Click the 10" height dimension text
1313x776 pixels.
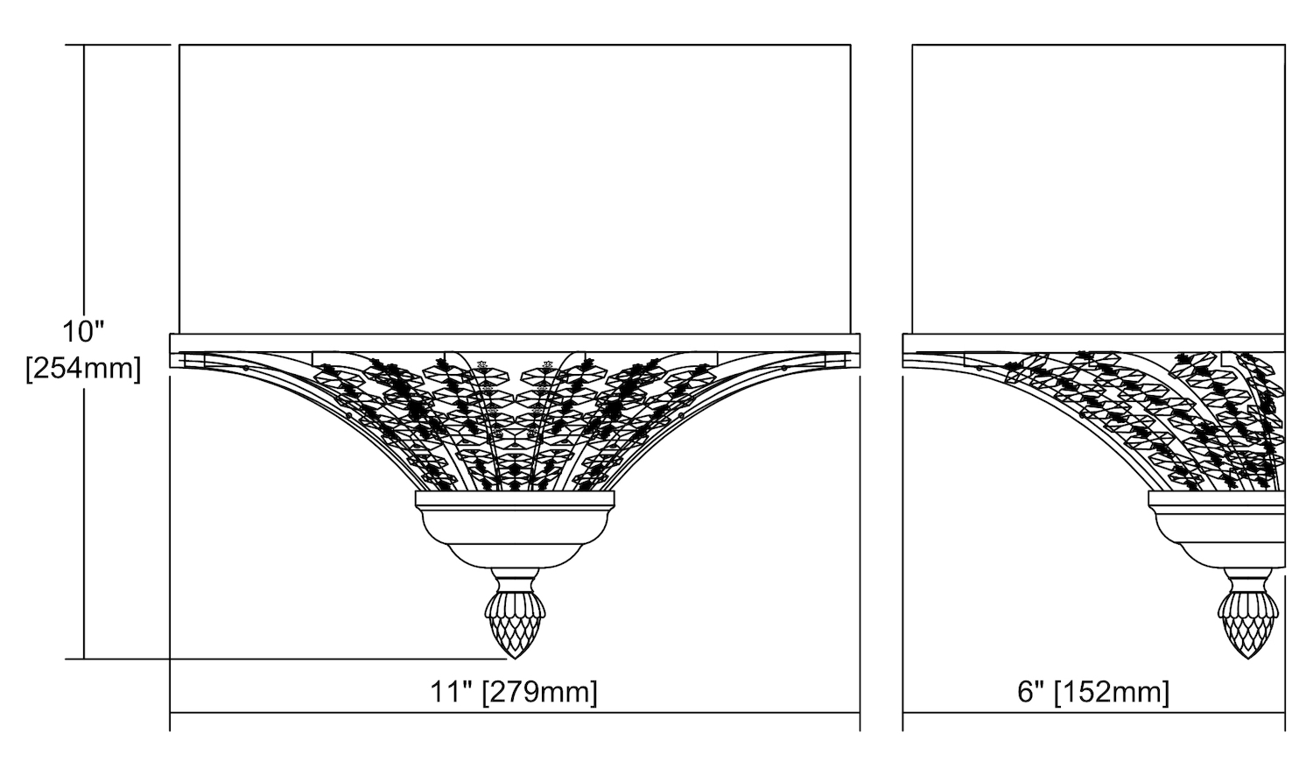pos(83,332)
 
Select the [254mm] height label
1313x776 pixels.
pos(83,369)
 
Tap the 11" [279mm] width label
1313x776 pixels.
pos(514,692)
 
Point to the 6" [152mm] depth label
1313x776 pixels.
pos(1093,692)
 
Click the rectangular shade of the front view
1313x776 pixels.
pos(515,189)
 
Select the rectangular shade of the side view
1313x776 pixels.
pos(1099,189)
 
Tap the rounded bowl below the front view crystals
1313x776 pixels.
pos(515,537)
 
